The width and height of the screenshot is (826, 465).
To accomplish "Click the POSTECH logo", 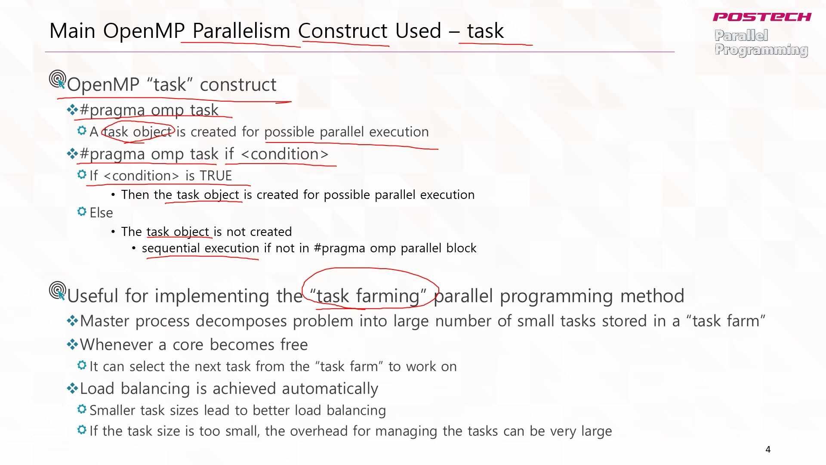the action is [762, 17].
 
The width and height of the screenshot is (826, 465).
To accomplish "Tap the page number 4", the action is [768, 449].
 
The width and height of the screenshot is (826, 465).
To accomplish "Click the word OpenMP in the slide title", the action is [144, 31].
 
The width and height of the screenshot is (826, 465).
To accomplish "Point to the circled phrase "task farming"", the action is [368, 296].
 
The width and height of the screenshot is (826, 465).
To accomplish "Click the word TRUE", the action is [216, 176].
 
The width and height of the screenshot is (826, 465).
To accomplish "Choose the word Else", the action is [101, 213].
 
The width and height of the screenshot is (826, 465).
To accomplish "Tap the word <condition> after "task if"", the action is [285, 154].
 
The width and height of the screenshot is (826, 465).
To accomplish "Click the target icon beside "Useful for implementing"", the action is [58, 291].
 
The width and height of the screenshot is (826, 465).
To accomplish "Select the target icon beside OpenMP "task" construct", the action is [58, 79].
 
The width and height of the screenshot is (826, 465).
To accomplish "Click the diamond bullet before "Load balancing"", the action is [72, 388].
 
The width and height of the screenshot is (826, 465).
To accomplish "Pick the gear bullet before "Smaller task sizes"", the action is [82, 409].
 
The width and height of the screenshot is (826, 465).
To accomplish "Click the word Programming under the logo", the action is [761, 50].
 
